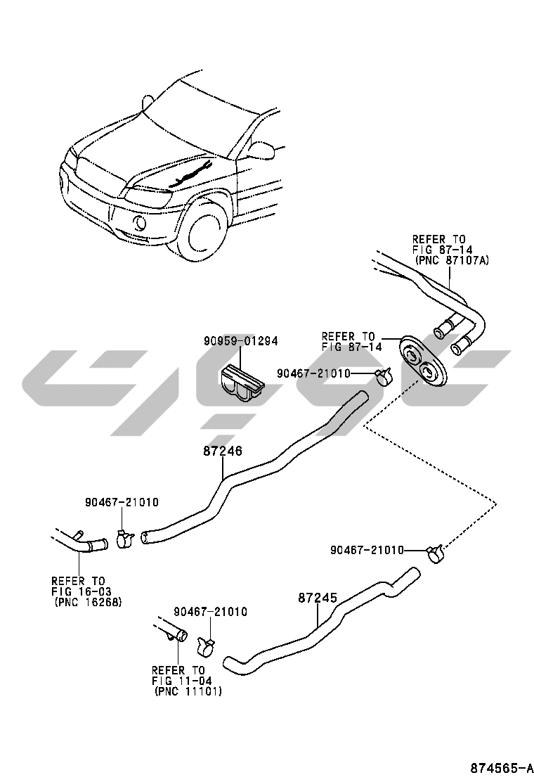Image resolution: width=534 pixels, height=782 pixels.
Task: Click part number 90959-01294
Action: pyautogui.click(x=241, y=341)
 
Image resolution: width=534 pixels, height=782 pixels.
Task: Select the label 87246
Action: pyautogui.click(x=223, y=451)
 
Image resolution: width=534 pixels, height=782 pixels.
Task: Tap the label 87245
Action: pyautogui.click(x=318, y=598)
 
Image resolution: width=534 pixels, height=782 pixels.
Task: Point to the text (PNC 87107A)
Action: pyautogui.click(x=451, y=260)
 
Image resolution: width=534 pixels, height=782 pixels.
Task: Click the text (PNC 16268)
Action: pyautogui.click(x=88, y=602)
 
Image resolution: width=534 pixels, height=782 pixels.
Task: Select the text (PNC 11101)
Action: pyautogui.click(x=188, y=692)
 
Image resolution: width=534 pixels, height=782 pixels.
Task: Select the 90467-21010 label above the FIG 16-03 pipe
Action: pyautogui.click(x=122, y=502)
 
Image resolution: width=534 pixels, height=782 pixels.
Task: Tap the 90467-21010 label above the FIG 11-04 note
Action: pyautogui.click(x=210, y=612)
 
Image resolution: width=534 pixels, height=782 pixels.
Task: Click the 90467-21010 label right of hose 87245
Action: pyautogui.click(x=367, y=549)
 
